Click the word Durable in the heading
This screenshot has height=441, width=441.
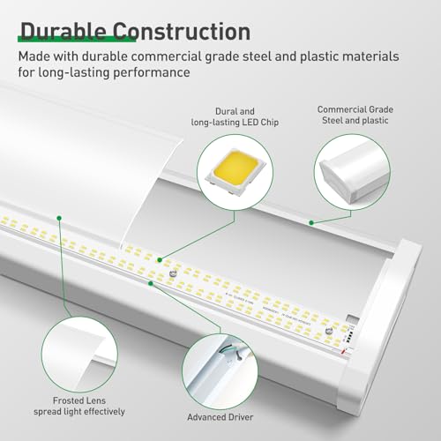point(64,31)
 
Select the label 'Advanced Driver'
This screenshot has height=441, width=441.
point(220,417)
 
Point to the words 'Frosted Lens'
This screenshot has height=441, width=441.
point(79,400)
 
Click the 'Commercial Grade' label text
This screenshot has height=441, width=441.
point(355,109)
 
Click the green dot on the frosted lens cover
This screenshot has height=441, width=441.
point(59,218)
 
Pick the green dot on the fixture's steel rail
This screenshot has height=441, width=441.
point(311,223)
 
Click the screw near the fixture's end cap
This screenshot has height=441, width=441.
point(329,331)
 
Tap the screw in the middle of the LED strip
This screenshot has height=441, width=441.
point(173,273)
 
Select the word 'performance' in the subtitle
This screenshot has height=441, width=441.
point(152,72)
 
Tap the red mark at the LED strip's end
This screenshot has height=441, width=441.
point(343,351)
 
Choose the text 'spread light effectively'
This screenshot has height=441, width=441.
point(79,412)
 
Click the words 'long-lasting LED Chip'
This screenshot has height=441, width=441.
point(235,123)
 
